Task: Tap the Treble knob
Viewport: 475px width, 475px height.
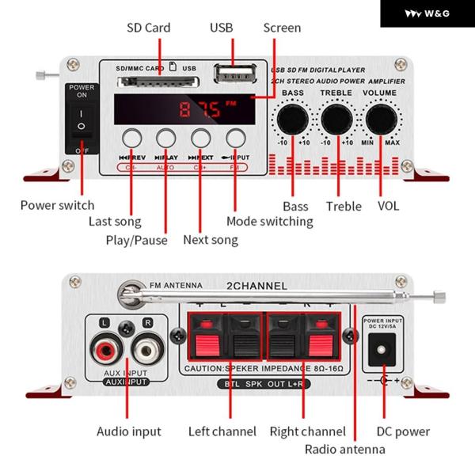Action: [x=336, y=118]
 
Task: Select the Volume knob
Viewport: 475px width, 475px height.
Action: [x=380, y=118]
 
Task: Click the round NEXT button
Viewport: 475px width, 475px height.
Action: [x=200, y=137]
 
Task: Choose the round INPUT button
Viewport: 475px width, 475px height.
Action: [x=235, y=137]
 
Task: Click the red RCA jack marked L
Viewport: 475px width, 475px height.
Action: [x=104, y=348]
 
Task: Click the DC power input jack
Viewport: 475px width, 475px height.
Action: [x=384, y=349]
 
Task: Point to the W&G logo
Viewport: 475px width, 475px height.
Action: [x=427, y=13]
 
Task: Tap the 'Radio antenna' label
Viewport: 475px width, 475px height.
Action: [x=345, y=449]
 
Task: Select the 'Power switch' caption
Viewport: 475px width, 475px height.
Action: [x=57, y=205]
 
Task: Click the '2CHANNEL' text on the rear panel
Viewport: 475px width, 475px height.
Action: [x=257, y=286]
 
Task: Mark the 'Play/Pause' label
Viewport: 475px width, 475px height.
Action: [x=137, y=239]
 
